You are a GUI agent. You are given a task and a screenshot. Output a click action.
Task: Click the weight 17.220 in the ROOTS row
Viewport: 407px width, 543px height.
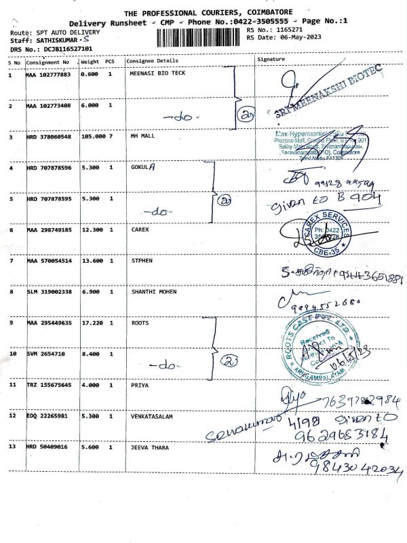click(x=90, y=322)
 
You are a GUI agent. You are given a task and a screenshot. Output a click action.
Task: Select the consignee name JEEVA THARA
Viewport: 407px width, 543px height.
click(x=149, y=448)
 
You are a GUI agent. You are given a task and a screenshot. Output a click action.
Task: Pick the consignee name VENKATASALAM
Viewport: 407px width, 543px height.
click(x=153, y=416)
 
